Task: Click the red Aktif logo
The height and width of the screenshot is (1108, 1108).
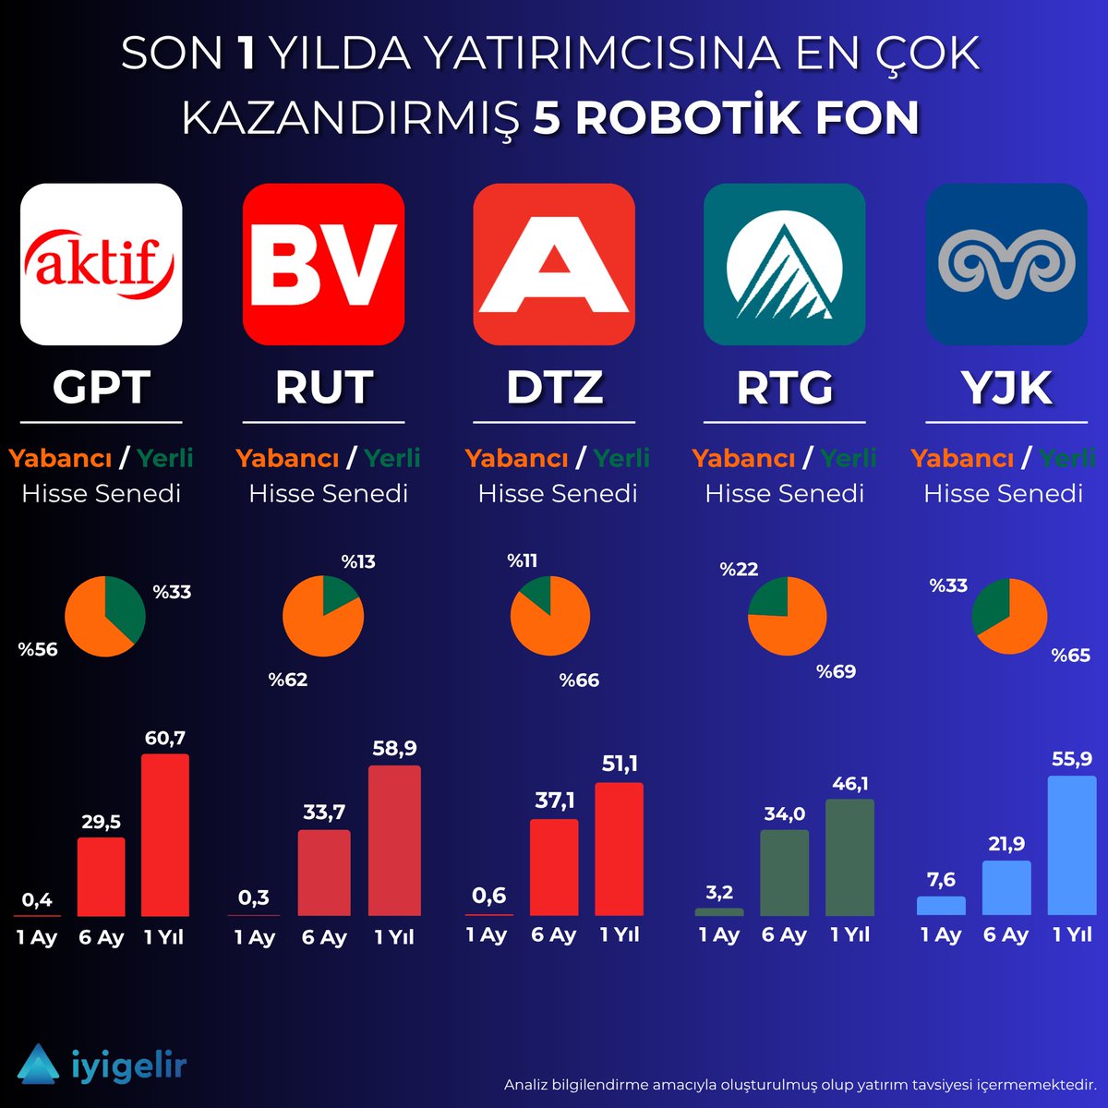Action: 101,264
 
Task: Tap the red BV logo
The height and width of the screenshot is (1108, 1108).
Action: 323,264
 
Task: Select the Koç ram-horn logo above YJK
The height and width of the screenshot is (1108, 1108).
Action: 1006,264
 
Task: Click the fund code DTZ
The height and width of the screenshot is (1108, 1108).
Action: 554,388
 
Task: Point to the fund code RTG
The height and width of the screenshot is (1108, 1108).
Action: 784,388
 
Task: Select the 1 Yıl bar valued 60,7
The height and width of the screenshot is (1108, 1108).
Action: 165,835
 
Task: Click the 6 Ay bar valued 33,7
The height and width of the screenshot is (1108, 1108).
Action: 324,873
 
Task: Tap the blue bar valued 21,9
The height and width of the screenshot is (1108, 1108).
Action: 1006,887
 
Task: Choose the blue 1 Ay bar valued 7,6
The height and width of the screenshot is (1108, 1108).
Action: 941,905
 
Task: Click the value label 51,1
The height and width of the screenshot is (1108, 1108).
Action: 620,765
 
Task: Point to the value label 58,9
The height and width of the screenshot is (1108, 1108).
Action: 394,748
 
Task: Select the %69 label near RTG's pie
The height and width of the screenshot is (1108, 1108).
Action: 836,671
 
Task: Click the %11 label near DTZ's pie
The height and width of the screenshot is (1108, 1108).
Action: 523,560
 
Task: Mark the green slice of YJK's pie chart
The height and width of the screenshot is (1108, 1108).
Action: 992,604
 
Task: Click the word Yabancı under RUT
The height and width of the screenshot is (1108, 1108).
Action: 287,458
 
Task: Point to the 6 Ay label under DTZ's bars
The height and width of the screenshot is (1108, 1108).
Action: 553,935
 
